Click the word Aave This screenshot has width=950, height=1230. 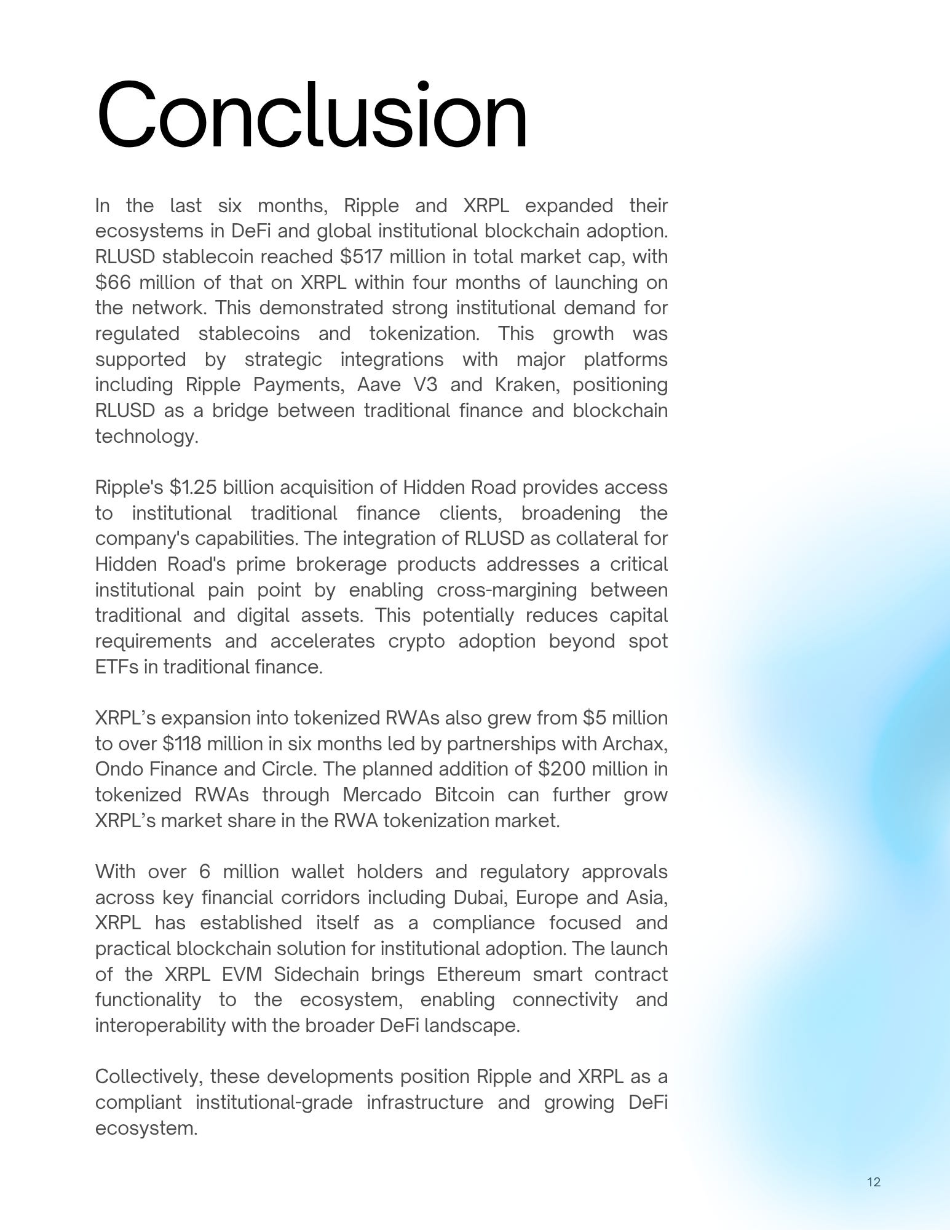click(x=379, y=385)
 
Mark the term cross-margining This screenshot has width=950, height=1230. click(x=507, y=590)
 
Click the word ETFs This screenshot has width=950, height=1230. click(x=117, y=667)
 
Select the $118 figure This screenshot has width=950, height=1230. click(x=182, y=744)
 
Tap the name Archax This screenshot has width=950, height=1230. click(x=634, y=744)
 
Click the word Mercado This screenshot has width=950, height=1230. click(x=381, y=795)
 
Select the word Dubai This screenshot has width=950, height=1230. click(x=480, y=898)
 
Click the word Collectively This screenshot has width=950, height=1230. click(x=148, y=1077)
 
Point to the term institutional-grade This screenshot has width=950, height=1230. click(x=274, y=1103)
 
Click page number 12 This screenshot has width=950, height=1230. click(x=874, y=1182)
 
